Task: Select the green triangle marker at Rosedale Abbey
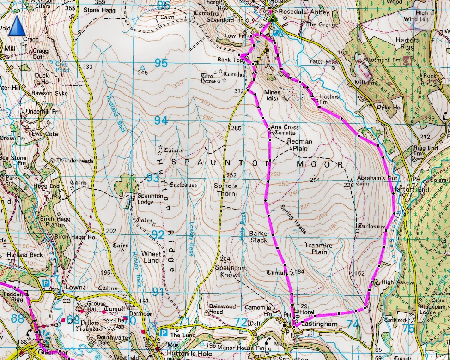tap(273, 18)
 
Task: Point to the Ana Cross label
tap(285, 127)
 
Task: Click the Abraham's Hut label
tap(377, 179)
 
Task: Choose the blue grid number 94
tap(161, 120)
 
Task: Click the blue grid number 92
tap(158, 235)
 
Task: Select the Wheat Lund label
tap(151, 257)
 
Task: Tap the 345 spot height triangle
tap(142, 68)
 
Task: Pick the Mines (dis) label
tap(273, 95)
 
